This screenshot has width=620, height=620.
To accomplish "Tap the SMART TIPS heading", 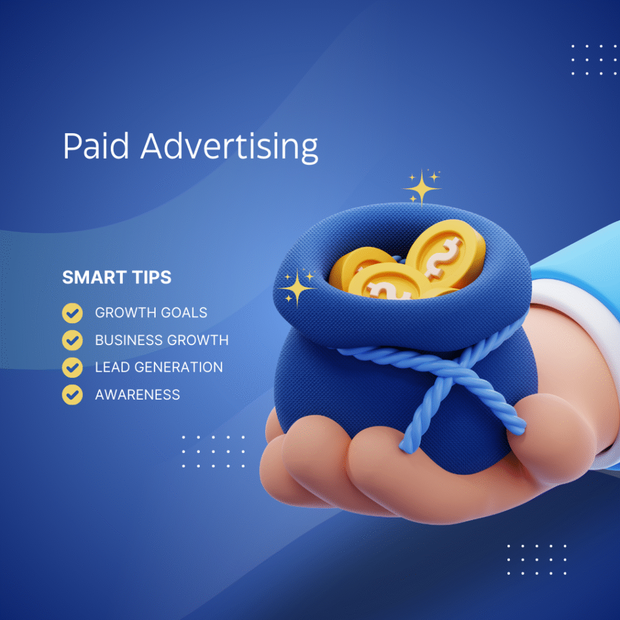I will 117,277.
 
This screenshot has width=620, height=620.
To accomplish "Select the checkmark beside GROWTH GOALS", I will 73,313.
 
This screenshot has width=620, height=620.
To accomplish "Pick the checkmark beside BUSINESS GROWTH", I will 73,340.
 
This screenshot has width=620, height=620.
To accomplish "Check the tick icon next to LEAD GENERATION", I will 73,368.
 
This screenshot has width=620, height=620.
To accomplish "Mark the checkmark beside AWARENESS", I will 73,395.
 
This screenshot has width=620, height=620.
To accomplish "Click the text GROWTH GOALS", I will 151,313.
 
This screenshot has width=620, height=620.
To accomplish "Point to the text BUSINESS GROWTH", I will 162,340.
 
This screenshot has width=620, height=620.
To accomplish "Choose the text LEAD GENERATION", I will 159,368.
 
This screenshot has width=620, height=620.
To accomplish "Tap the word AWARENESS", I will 137,395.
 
